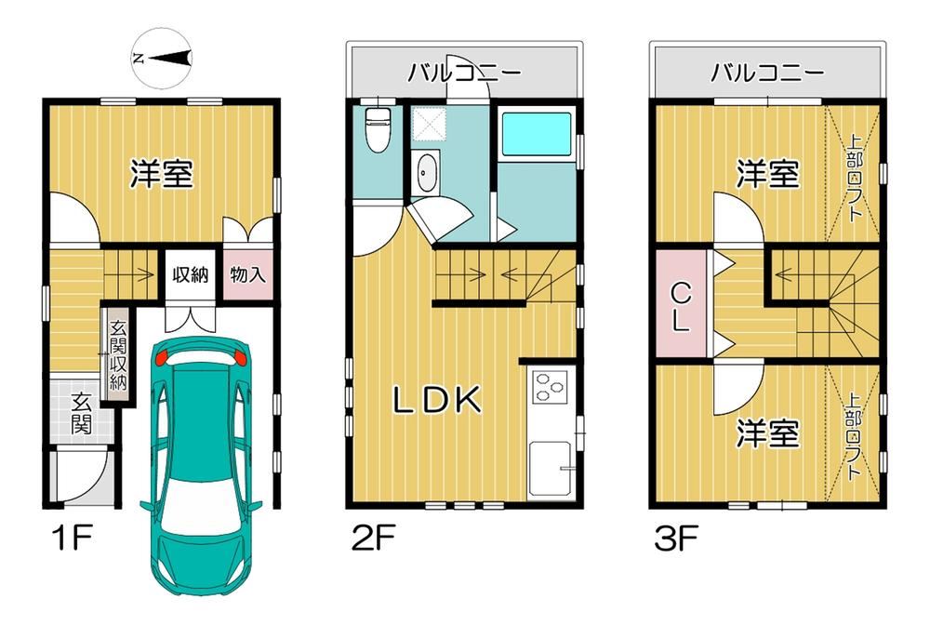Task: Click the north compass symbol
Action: point(161,58)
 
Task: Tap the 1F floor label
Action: point(72,539)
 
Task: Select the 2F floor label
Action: point(373,539)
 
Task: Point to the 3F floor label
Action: point(676,539)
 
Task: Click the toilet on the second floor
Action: point(376,129)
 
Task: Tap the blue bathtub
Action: point(537,135)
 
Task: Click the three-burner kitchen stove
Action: point(550,386)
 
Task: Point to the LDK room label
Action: point(438,400)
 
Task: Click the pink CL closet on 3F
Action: point(681,304)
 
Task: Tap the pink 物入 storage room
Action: point(248,274)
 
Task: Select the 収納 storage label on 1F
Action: point(191,274)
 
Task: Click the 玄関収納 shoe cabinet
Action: point(117,355)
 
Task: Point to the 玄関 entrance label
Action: point(81,413)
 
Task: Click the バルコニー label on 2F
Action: point(464,73)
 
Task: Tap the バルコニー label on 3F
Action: point(767,73)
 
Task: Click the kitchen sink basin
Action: point(551,469)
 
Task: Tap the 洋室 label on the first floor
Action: point(161,174)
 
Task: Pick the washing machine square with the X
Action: point(429,124)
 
